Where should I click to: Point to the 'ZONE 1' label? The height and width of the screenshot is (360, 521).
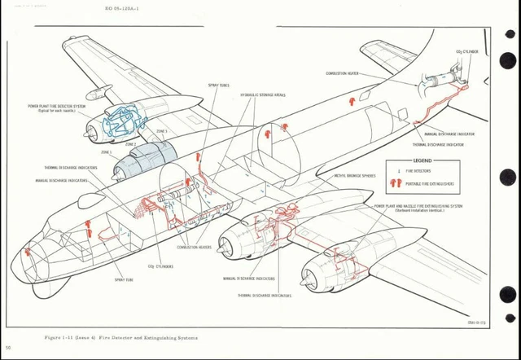pyautogui.click(x=107, y=152)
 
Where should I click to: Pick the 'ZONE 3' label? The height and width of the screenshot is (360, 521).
pyautogui.click(x=161, y=130)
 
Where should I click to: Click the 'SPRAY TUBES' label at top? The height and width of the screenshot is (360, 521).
pyautogui.click(x=218, y=85)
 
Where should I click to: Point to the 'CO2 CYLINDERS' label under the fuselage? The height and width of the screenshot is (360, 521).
pyautogui.click(x=160, y=266)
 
